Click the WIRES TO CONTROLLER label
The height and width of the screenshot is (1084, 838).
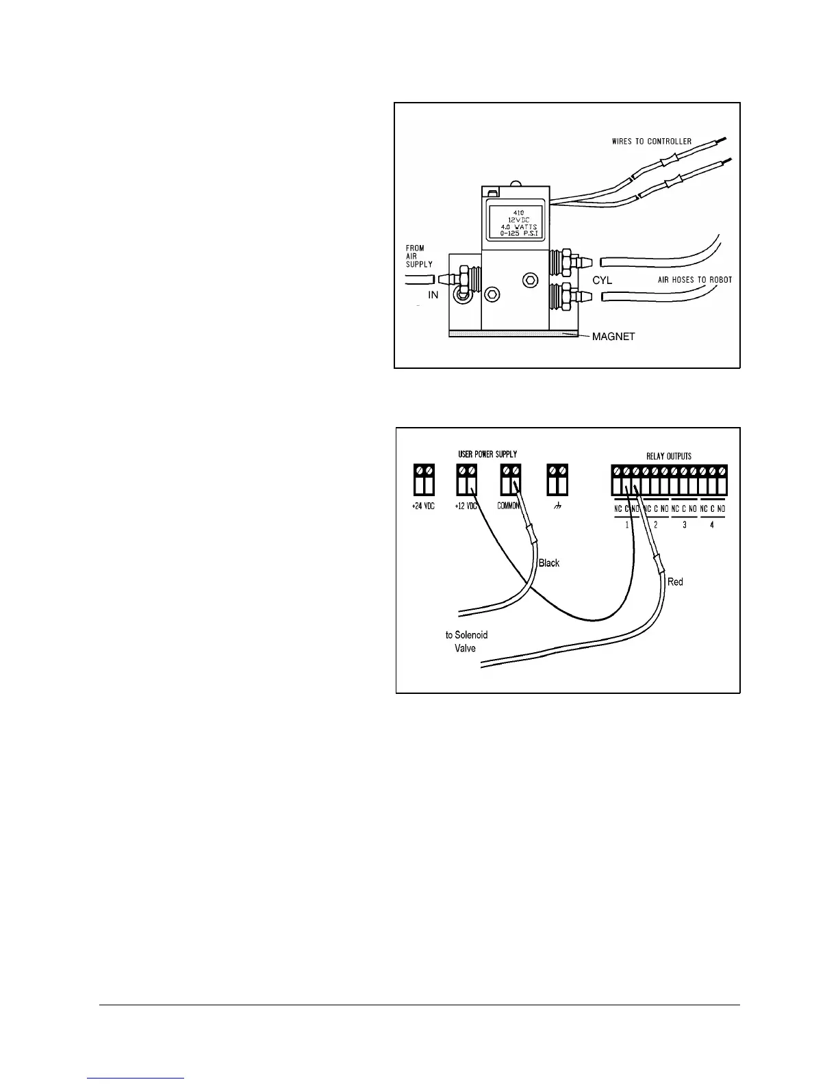[651, 142]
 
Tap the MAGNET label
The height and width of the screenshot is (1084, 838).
[613, 336]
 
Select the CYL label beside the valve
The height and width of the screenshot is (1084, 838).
[602, 281]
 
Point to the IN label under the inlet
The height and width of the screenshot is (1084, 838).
[433, 295]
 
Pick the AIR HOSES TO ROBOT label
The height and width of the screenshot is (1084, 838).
[695, 280]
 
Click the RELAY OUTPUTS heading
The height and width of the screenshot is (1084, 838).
[669, 456]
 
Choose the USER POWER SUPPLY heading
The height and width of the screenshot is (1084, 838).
[487, 454]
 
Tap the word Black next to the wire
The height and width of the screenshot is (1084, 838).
[549, 563]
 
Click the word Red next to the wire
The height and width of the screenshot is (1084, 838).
[675, 582]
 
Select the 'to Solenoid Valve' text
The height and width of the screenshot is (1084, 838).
[466, 642]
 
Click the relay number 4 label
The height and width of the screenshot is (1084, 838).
[712, 525]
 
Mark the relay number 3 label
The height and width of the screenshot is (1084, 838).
[684, 525]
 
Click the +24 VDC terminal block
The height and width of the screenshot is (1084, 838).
[424, 480]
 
